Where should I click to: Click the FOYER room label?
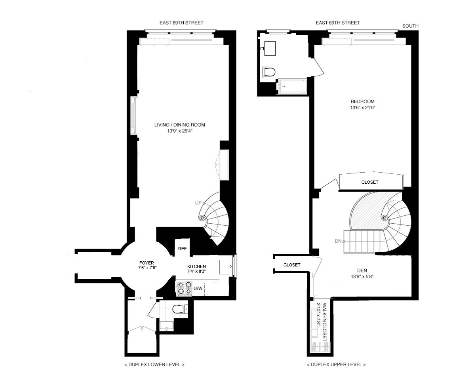pos(147,263)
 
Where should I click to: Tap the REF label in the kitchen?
pos(182,249)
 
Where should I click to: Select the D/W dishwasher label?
pos(198,289)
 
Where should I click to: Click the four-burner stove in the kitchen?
pos(184,289)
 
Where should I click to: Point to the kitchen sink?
pos(226,266)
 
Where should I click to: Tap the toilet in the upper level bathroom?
pos(269,72)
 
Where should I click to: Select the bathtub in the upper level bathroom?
pos(292,86)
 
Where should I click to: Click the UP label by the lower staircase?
pos(198,203)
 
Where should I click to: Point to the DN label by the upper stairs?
pos(338,241)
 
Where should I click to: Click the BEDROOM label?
pos(362,101)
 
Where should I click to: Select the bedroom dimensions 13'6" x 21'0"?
pos(362,107)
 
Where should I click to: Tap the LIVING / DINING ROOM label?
pos(180,125)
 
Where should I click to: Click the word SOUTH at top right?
pos(410,26)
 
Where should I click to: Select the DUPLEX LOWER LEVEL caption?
pos(154,364)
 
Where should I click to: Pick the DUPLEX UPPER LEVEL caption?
pos(336,364)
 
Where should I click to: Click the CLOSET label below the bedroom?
pos(370,183)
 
